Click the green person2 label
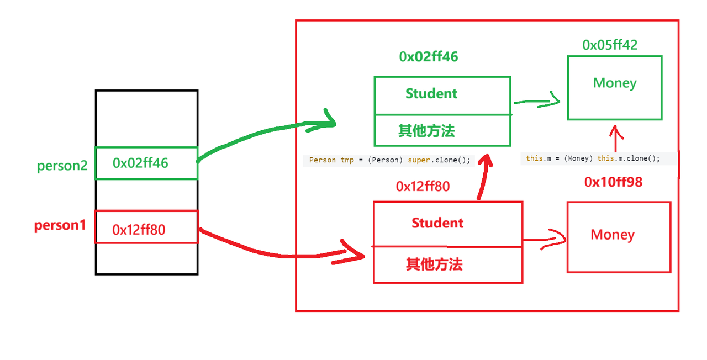tap(62, 166)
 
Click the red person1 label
tap(60, 225)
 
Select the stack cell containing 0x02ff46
tap(146, 163)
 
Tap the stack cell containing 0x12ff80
tap(146, 227)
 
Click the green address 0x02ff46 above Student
tap(429, 56)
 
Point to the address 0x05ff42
tap(610, 45)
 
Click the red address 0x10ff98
tap(613, 182)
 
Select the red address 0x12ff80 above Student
tap(423, 187)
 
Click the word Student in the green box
tap(431, 94)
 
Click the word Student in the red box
tap(437, 223)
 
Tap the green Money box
tap(614, 87)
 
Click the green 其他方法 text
tap(426, 131)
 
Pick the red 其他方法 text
tap(434, 265)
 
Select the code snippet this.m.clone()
tap(593, 158)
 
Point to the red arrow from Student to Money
tap(545, 240)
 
